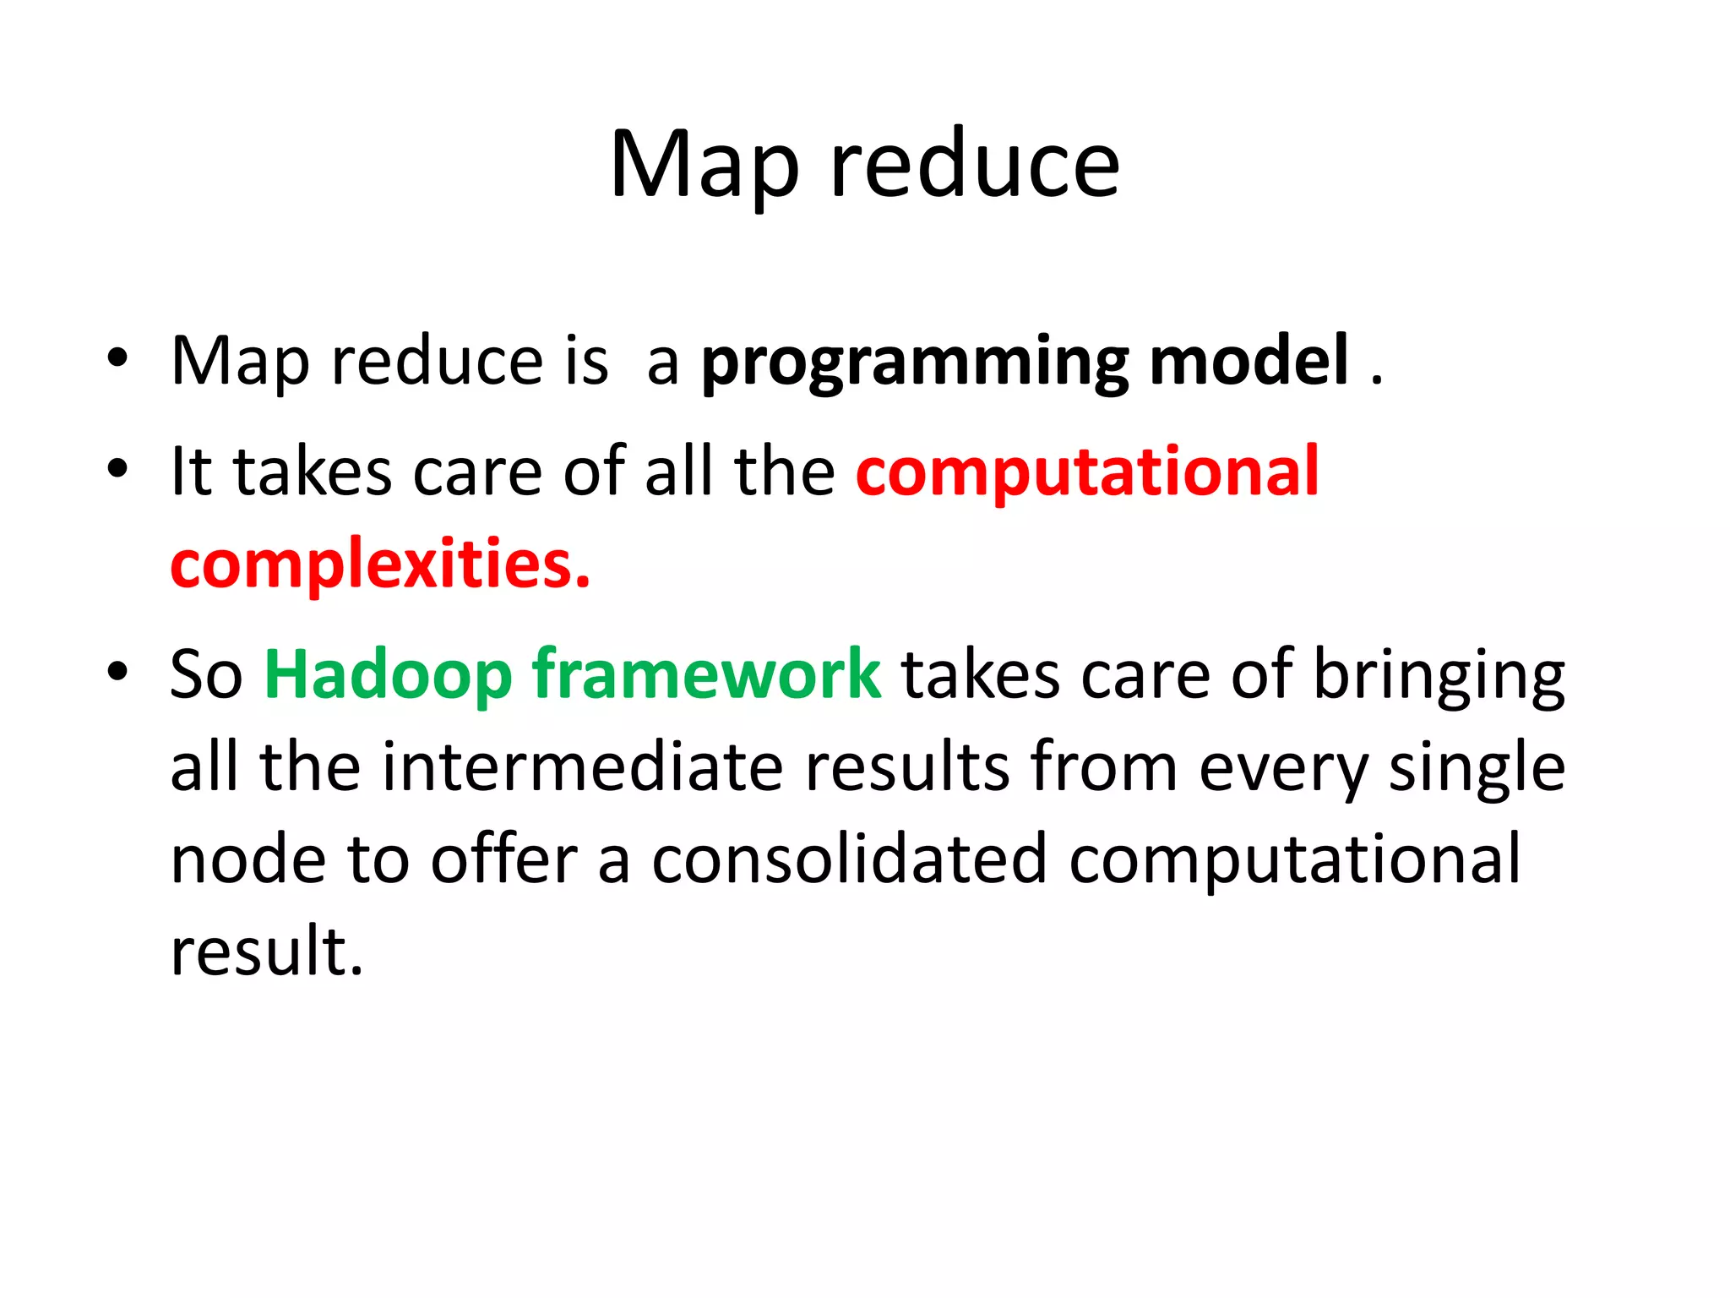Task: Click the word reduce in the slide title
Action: pyautogui.click(x=976, y=166)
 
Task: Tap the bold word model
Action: pyautogui.click(x=1249, y=361)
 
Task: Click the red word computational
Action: pyautogui.click(x=1087, y=472)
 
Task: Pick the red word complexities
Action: pyautogui.click(x=380, y=564)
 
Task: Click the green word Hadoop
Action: pyautogui.click(x=388, y=675)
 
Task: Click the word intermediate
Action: pyautogui.click(x=583, y=767)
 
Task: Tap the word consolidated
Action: pyautogui.click(x=849, y=859)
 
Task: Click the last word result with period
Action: pyautogui.click(x=267, y=952)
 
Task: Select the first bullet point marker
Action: pyautogui.click(x=117, y=358)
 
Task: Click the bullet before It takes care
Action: pyautogui.click(x=117, y=468)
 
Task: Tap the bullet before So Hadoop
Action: pyautogui.click(x=117, y=672)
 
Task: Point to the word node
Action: pyautogui.click(x=248, y=861)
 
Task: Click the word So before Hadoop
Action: pyautogui.click(x=206, y=675)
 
